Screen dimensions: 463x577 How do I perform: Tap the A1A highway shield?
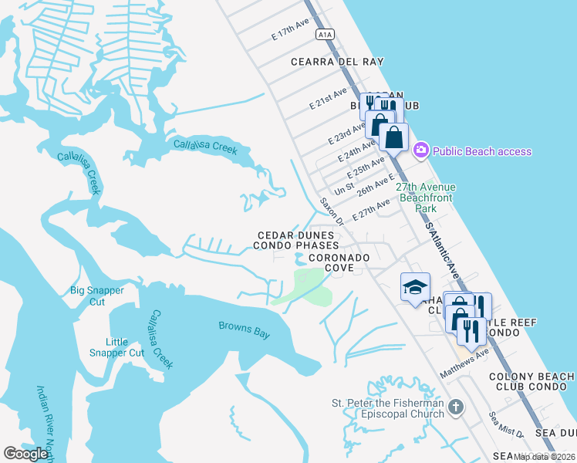click(x=325, y=34)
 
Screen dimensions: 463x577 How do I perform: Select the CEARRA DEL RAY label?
click(x=337, y=62)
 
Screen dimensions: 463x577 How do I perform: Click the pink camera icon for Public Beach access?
click(x=421, y=150)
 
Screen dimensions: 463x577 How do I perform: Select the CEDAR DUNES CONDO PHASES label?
click(x=297, y=240)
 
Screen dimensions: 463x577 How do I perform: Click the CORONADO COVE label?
click(x=338, y=262)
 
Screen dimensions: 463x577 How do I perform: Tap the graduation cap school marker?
click(x=415, y=287)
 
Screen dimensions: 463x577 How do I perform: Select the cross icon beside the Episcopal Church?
click(x=456, y=407)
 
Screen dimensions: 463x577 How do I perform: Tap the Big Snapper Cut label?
click(x=97, y=296)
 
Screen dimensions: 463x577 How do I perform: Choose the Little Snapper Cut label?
click(x=125, y=347)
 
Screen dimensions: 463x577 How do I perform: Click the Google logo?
click(x=26, y=454)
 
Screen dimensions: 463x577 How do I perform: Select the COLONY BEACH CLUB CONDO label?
click(x=531, y=381)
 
